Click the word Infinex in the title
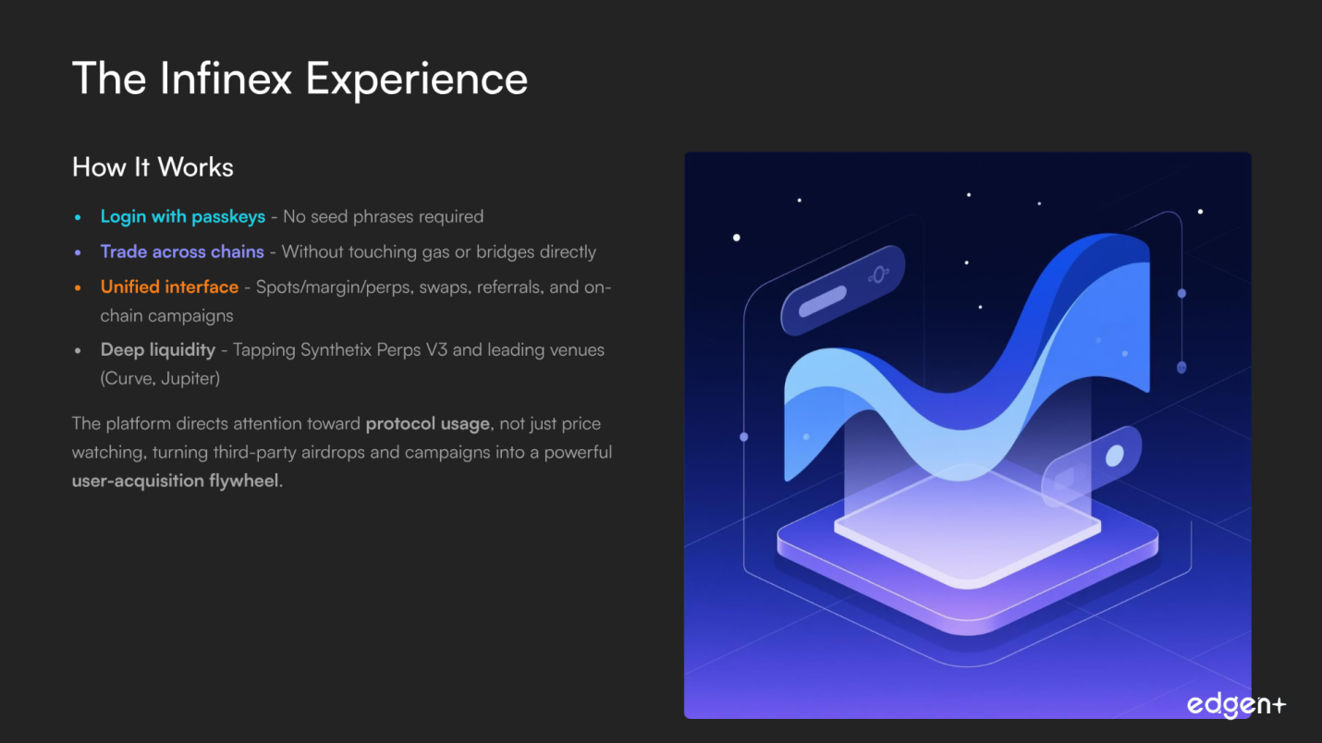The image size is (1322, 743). point(226,78)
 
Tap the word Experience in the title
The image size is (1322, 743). point(417,80)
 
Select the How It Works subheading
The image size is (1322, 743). point(153,167)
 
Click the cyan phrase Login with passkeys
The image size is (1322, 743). point(183,216)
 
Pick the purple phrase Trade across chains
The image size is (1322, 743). point(182,251)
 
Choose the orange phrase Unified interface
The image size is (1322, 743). point(169,286)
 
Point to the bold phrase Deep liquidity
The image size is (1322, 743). point(157,350)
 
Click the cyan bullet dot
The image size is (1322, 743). point(78,218)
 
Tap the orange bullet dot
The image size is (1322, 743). point(78,288)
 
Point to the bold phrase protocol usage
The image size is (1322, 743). point(427,424)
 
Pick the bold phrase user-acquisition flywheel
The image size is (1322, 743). point(176,481)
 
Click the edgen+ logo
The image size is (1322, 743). point(1236,704)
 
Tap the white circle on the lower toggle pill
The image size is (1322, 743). point(1114,456)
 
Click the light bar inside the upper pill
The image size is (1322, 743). point(823,301)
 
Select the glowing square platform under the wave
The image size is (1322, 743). point(967,525)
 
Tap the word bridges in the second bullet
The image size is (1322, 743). point(505,252)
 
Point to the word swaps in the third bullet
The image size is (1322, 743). point(445,287)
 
